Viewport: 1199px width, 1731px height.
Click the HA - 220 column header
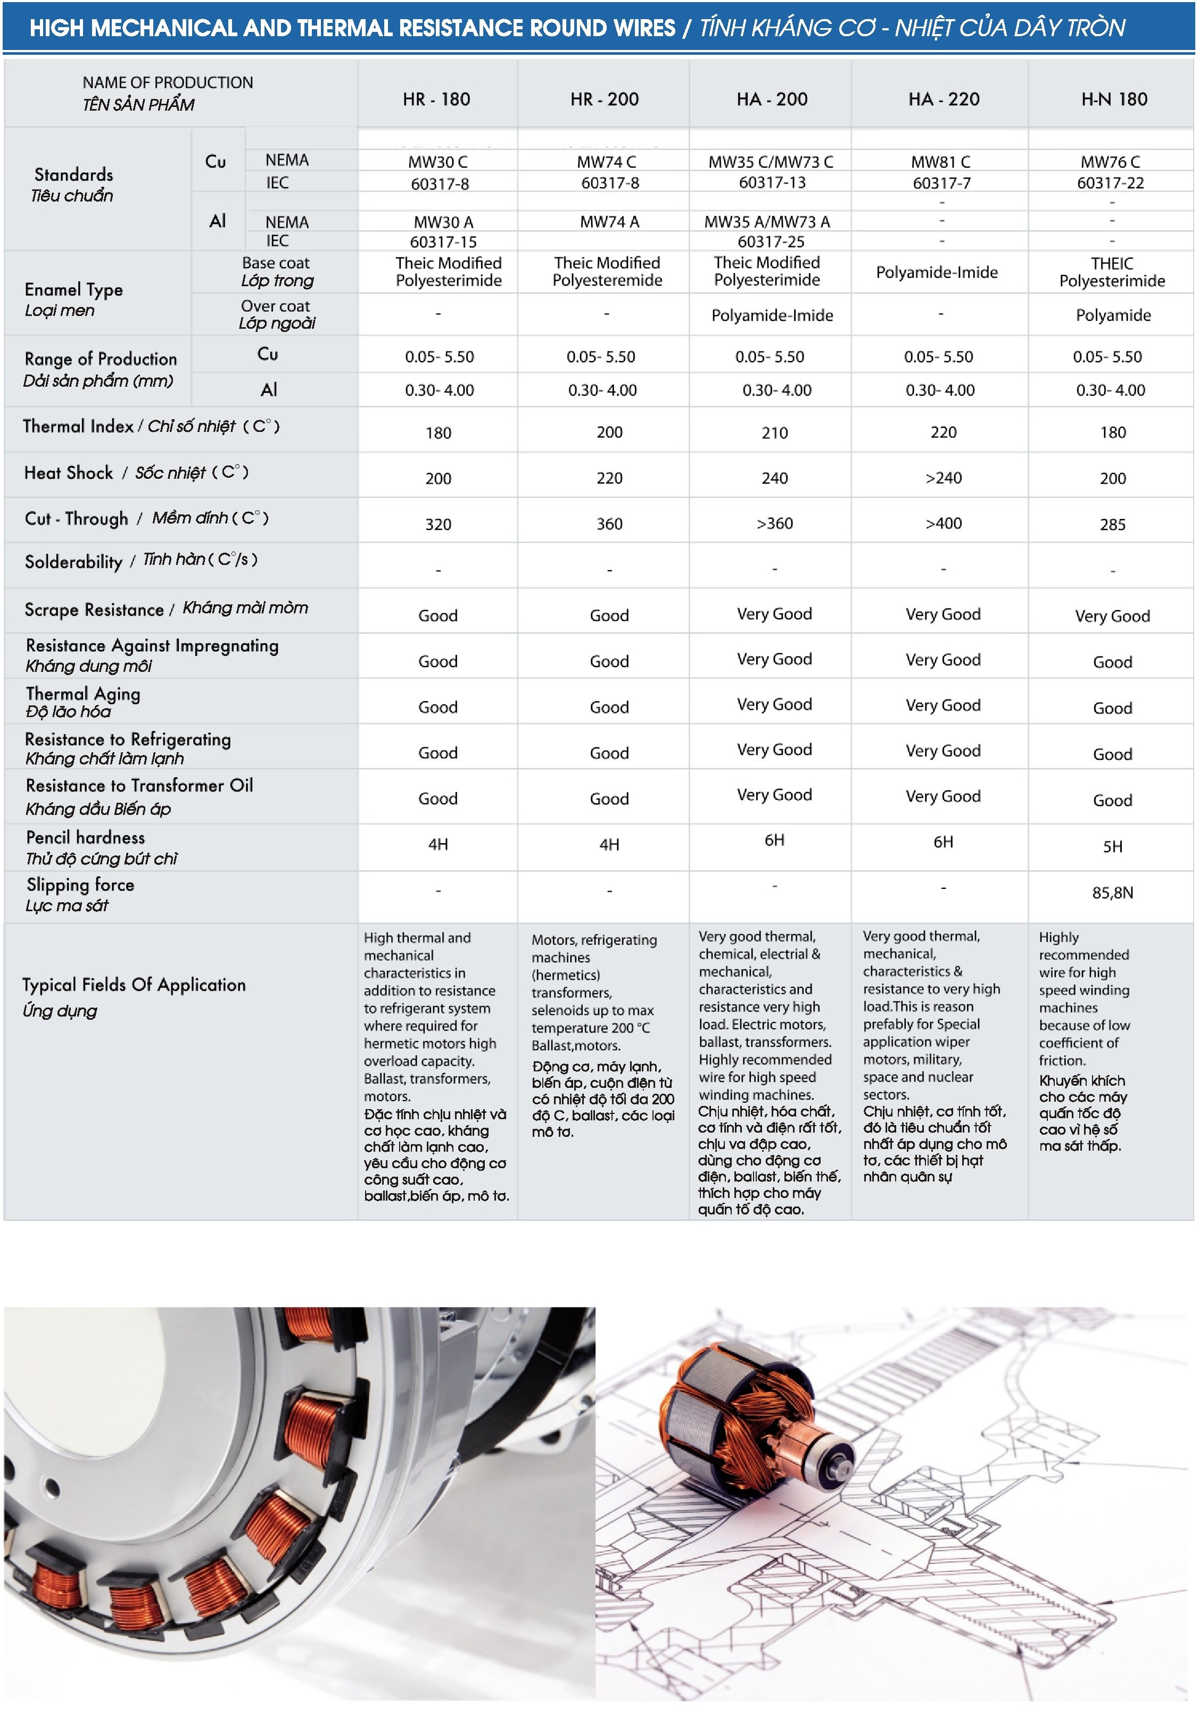(944, 99)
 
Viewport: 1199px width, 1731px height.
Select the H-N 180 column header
(1113, 99)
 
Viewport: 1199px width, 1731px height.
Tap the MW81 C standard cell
(940, 162)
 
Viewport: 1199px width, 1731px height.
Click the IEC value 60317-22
(1110, 182)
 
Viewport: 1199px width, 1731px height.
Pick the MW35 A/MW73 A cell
(766, 221)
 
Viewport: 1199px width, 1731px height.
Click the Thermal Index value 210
(774, 432)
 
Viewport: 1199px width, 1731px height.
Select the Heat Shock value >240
(944, 478)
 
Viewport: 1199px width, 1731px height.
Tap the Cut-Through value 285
(1113, 524)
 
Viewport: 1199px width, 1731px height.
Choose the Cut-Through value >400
(944, 523)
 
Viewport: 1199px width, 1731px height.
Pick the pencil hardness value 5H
(1113, 846)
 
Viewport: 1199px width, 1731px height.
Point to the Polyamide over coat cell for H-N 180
(1113, 315)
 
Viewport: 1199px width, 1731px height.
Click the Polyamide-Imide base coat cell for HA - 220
(937, 272)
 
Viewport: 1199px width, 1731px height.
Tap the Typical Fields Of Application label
(134, 985)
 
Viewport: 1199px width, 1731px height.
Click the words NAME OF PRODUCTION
(168, 82)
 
